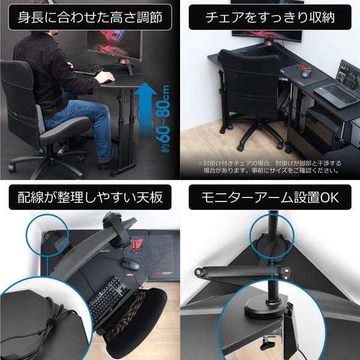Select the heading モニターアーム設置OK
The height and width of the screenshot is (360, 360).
pyautogui.click(x=268, y=197)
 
